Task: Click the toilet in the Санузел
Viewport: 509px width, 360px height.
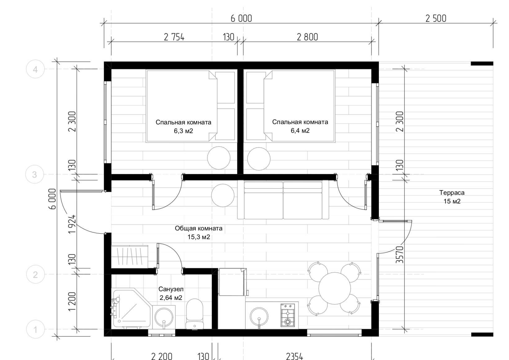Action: pos(194,314)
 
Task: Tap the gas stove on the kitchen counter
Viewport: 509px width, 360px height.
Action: pos(288,315)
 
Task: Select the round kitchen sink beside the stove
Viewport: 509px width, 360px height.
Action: pos(259,317)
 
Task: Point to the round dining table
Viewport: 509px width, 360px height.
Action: pos(334,288)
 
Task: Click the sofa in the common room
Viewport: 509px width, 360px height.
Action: pos(283,200)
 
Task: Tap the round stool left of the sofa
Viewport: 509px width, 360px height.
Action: pos(223,195)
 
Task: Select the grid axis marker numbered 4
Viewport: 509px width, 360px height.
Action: pos(35,69)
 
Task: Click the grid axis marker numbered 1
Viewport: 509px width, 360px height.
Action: pos(35,329)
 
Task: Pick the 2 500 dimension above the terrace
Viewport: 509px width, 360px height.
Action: pos(436,19)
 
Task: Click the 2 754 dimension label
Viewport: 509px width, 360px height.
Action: pos(174,37)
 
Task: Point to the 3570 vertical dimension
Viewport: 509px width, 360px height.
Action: pos(400,255)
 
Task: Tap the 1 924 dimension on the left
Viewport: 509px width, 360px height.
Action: pos(72,224)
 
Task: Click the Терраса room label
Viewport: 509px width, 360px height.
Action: pos(452,193)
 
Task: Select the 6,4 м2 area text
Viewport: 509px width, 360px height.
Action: pos(300,131)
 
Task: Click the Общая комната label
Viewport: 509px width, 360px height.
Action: pos(199,229)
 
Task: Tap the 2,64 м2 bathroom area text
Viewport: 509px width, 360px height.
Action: pos(171,298)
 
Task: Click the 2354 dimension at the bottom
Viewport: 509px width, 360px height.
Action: pos(294,356)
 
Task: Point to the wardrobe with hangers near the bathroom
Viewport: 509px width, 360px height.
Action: pos(130,257)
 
